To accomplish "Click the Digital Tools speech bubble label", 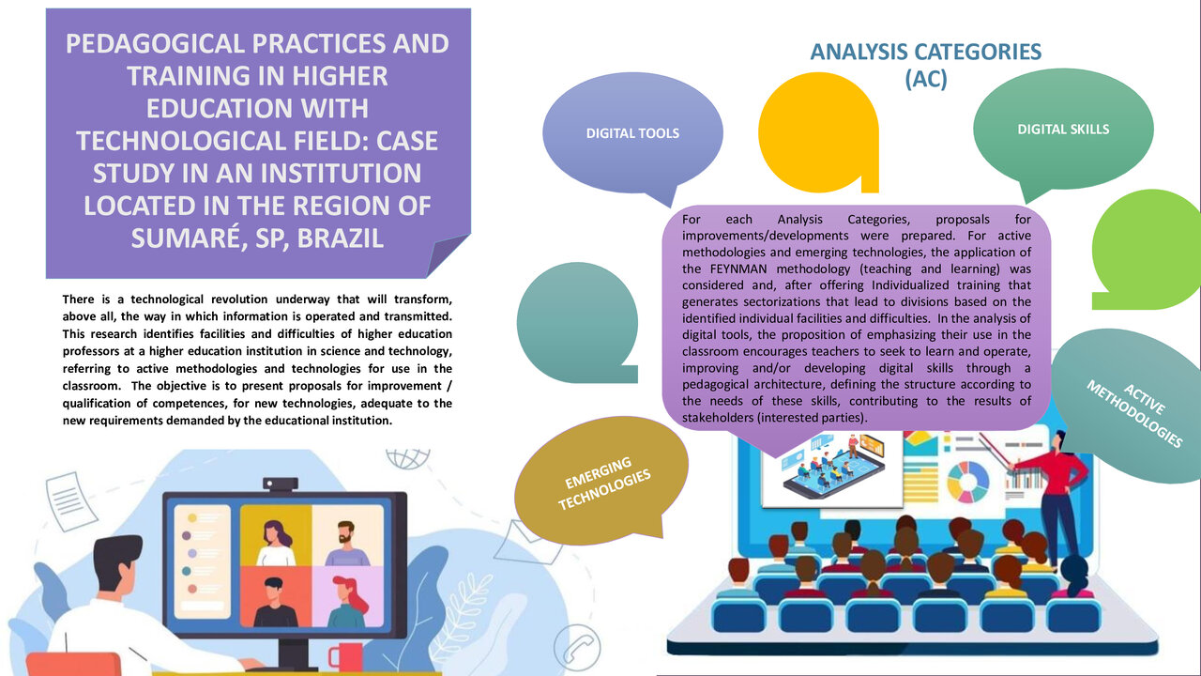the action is [632, 133].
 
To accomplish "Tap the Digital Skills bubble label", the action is [1063, 130].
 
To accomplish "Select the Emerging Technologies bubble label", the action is [603, 484].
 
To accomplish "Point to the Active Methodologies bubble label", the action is [1135, 414].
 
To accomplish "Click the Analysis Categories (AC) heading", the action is [926, 65].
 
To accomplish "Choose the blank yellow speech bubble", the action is [819, 132].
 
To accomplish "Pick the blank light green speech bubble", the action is [1146, 250].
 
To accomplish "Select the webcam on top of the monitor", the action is [281, 484].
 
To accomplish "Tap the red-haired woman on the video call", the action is [347, 602].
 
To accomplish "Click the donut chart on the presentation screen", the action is [968, 482].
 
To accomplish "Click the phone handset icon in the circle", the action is [577, 648].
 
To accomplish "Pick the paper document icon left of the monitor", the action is [70, 501].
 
